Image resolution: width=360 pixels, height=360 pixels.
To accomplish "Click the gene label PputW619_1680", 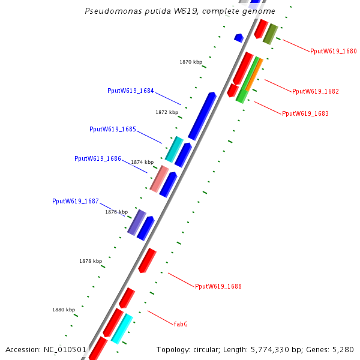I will tap(333, 52).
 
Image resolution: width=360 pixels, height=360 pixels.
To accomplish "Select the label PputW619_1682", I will tap(315, 92).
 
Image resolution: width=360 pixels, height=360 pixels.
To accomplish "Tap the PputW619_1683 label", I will tap(305, 113).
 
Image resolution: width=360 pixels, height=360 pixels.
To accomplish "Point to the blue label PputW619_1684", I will tap(130, 91).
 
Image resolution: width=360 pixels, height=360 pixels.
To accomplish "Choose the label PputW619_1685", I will tap(112, 129).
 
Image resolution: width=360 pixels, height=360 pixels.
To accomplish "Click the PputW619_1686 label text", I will tap(97, 159).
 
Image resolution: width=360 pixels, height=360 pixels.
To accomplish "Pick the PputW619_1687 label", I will tap(75, 202).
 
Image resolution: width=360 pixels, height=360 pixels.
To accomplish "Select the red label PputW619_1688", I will tap(218, 287).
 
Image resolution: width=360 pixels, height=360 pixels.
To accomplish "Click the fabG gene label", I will tap(181, 324).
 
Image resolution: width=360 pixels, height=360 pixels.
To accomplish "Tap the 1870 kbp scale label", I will tap(191, 62).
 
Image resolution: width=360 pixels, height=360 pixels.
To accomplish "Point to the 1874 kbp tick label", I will tap(142, 162).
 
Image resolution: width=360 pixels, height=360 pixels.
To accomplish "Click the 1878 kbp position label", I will tap(91, 261).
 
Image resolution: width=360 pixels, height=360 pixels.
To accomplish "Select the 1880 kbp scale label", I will tap(64, 310).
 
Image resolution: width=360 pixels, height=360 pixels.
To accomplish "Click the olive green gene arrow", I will tap(270, 34).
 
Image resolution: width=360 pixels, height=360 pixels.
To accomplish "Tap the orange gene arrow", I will tap(253, 74).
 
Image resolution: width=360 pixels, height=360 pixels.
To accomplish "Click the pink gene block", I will tap(159, 179).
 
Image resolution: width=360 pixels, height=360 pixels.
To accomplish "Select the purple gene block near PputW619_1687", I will tap(137, 222).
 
